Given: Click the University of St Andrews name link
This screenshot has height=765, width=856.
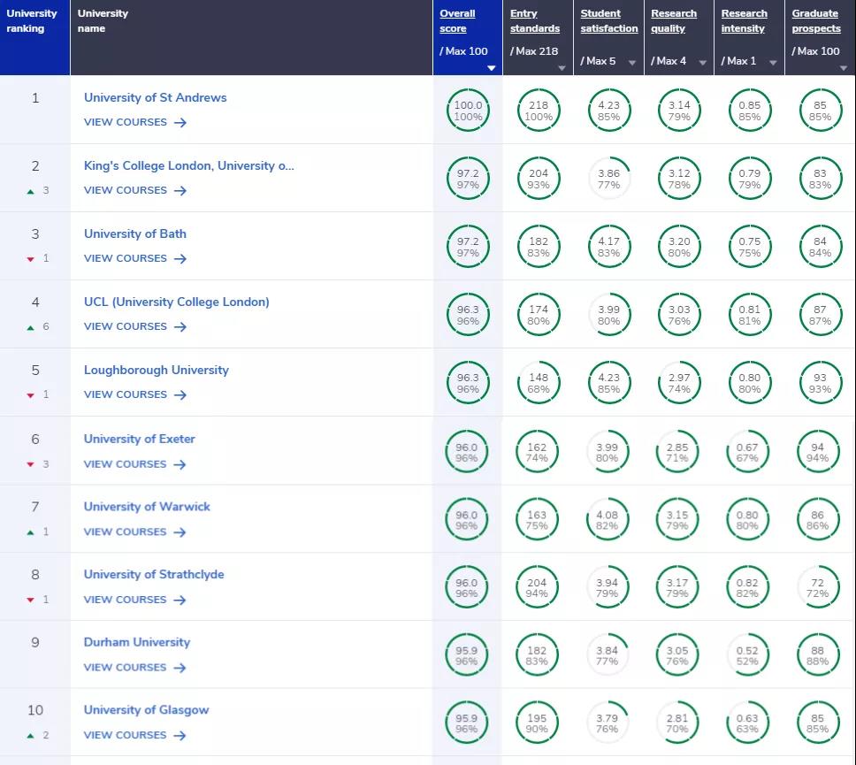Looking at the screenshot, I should point(155,97).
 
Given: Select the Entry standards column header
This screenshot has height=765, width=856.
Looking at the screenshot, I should point(534,21).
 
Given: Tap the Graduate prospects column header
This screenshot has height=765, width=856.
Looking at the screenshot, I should point(815,21).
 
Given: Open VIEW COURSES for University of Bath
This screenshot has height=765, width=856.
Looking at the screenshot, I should point(134,258).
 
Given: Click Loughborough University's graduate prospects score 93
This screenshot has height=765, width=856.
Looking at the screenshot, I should point(820,383).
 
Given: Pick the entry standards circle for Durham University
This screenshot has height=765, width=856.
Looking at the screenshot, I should point(537,655).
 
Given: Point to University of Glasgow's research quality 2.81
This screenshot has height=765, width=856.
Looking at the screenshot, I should point(677,723).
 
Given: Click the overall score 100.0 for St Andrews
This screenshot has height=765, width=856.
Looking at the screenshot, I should point(468,111).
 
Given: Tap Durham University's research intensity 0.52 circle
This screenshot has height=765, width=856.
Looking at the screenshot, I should point(747,655).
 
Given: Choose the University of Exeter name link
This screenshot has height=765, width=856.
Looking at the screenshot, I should point(139,439).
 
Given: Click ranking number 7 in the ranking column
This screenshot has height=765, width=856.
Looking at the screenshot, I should point(35,507).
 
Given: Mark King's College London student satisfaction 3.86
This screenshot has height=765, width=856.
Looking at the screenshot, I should point(608,179).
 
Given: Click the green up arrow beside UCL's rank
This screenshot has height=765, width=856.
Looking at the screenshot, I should point(31,327).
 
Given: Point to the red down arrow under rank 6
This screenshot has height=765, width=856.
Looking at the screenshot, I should point(31,464).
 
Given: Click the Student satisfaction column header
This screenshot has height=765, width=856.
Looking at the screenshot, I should point(608,21).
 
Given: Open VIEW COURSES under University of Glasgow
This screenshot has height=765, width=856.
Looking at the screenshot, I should point(134,735).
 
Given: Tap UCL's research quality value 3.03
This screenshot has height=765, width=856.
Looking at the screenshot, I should point(678,315).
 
